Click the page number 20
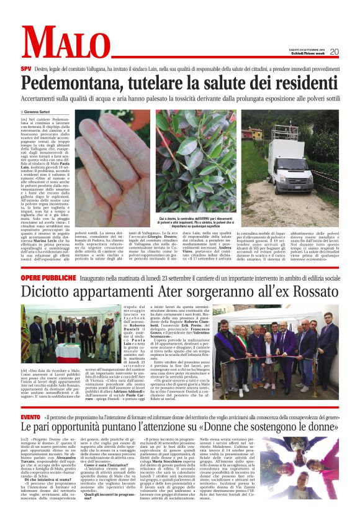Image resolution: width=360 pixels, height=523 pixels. (x=334, y=52)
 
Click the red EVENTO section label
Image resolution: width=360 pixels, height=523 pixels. (x=30, y=416)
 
